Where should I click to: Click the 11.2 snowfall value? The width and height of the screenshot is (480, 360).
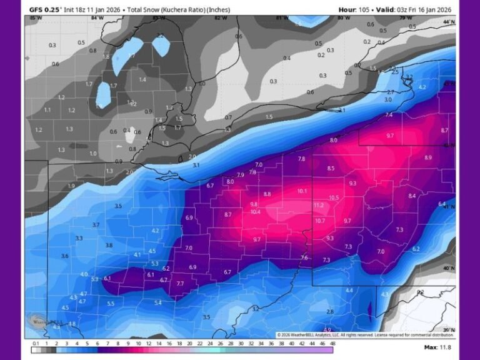coord(318,205)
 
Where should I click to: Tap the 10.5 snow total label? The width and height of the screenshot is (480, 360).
coord(334,197)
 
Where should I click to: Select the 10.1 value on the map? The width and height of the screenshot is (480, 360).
coord(302,191)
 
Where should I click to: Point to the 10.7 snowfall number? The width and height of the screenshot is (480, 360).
coord(320,221)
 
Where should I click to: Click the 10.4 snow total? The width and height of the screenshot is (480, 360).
coord(255,212)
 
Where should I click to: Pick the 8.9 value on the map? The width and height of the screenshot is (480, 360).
coord(427,157)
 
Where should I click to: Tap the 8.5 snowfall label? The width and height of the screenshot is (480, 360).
coord(331,168)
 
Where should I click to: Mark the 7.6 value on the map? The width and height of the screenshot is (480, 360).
coord(304,257)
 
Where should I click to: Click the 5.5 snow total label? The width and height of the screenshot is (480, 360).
coord(111,303)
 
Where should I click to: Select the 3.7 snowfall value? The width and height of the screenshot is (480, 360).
coord(96,224)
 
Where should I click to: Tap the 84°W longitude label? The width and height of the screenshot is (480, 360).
coord(97,18)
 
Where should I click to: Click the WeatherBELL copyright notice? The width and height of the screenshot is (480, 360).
coord(364,334)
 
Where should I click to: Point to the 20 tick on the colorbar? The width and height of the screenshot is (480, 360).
coord(189,343)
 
